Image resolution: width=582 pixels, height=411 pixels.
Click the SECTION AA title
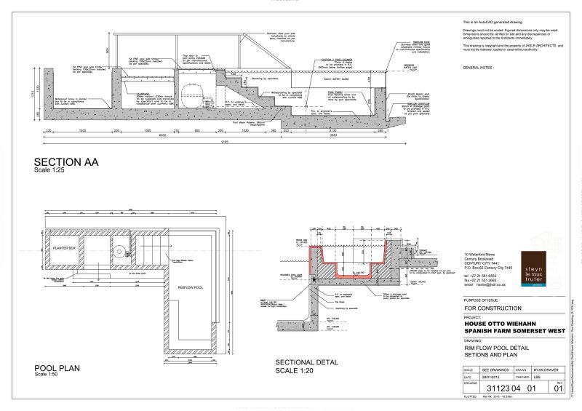point(66,161)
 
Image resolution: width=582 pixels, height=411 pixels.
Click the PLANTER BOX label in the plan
point(69,249)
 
